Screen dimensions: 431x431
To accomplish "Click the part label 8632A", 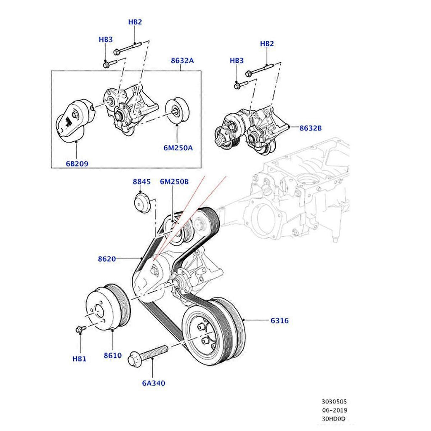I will [182, 61].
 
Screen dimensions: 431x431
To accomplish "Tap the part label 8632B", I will [311, 128].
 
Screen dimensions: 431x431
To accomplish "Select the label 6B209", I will [77, 164].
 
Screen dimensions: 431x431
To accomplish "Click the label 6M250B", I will [174, 182].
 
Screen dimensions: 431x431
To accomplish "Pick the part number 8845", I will [141, 182].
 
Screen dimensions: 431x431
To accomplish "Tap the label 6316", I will [279, 321].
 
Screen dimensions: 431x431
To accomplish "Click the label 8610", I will [113, 355].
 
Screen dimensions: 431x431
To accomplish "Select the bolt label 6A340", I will [153, 383].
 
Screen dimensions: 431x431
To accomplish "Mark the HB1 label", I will [79, 359].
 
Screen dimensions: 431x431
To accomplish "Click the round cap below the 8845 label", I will [142, 201].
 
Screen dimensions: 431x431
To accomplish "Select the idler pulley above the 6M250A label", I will [177, 112].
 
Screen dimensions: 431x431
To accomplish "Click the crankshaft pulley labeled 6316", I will [213, 328].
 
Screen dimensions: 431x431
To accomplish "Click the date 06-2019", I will [335, 410].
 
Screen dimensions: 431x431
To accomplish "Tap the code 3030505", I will [335, 402].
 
